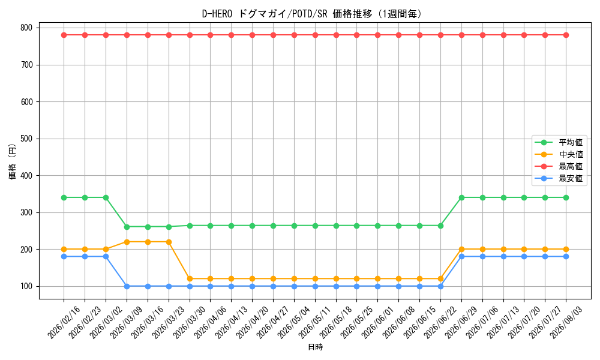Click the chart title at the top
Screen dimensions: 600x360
point(312,14)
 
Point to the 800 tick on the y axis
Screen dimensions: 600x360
point(27,28)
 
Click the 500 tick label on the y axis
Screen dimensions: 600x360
point(27,139)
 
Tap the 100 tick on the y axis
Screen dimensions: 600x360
point(27,287)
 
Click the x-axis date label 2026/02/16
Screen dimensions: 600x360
point(64,322)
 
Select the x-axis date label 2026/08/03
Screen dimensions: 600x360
point(566,322)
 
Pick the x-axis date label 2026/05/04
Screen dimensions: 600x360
point(294,322)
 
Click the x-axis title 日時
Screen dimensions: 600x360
point(316,347)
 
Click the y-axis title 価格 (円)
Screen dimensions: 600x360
point(13,161)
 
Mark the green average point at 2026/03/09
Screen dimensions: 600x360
point(127,227)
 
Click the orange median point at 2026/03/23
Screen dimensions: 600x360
point(169,242)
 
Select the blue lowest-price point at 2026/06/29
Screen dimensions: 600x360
point(461,257)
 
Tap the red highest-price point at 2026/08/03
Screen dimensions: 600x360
point(566,35)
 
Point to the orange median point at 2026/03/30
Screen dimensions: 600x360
point(190,279)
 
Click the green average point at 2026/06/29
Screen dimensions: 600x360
point(461,198)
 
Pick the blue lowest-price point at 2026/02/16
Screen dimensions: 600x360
point(64,257)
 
